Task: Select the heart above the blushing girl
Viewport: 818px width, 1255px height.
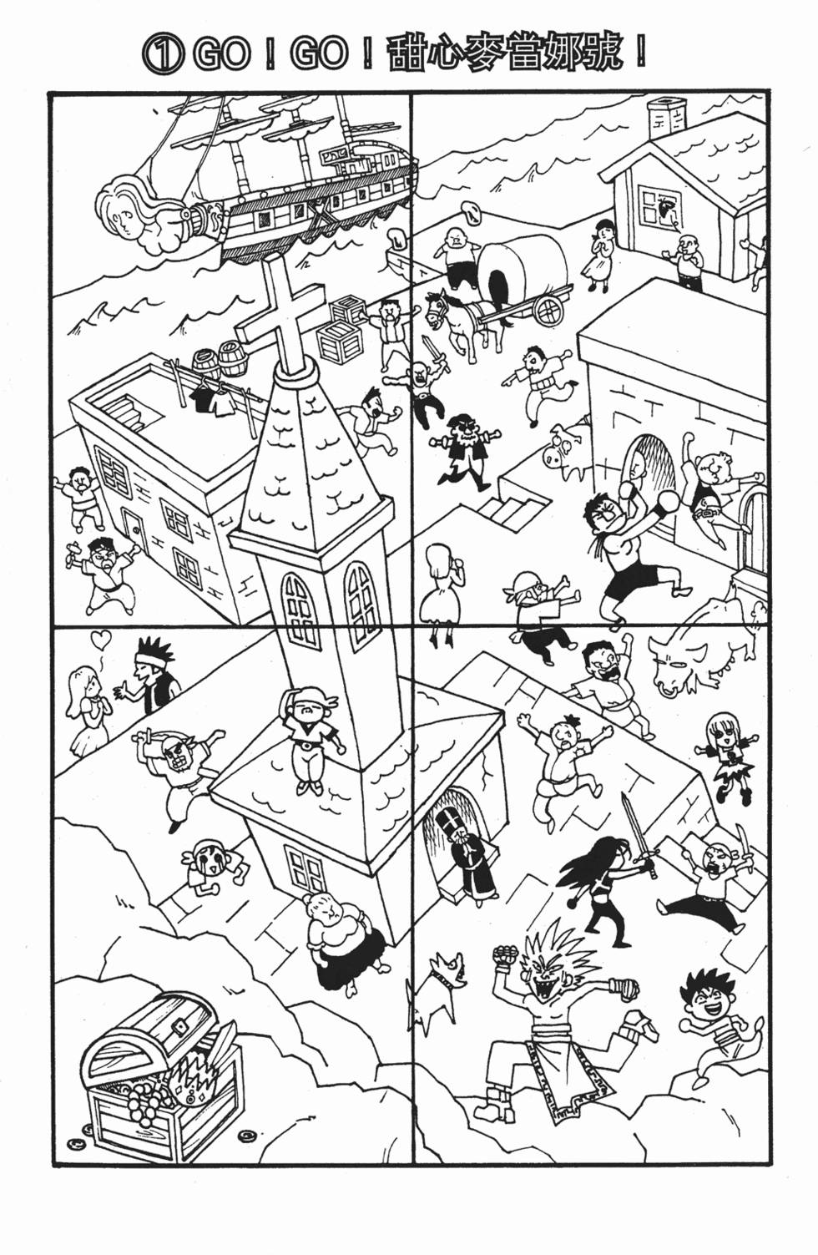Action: point(101,639)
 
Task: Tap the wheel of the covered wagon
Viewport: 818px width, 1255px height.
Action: point(548,307)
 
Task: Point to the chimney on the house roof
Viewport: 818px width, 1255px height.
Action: point(666,119)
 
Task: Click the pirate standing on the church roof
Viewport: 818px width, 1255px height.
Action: point(309,734)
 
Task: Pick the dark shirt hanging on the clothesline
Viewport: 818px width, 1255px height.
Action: point(201,397)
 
